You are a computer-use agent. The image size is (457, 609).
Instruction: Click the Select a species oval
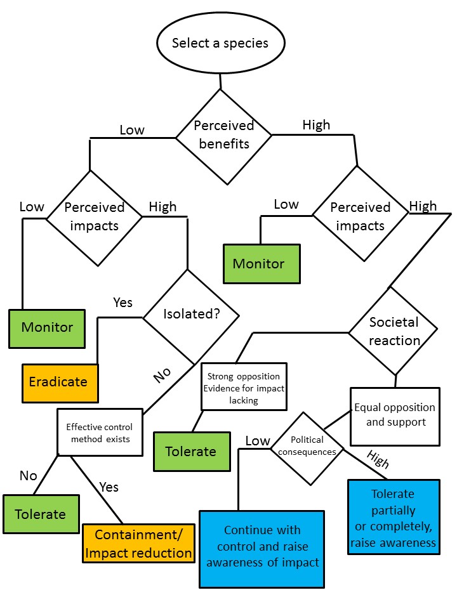[221, 43]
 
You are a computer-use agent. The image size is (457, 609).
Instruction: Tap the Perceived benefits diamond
[224, 136]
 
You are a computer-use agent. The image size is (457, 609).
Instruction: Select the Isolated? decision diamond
[191, 317]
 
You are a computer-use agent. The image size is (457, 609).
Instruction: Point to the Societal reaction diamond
[394, 331]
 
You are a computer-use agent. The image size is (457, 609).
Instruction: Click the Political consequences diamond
[307, 449]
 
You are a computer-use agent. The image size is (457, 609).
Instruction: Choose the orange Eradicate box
[60, 383]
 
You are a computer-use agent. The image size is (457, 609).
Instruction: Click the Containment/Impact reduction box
[138, 544]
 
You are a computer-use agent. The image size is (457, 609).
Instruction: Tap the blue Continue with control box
[262, 549]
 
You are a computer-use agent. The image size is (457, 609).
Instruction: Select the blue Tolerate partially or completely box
[394, 517]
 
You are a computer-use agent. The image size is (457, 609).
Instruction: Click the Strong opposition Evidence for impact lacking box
[244, 387]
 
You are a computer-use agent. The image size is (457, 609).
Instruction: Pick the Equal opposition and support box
[395, 416]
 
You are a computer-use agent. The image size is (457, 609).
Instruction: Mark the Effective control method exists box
[100, 432]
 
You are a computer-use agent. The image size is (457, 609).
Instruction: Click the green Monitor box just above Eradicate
[47, 329]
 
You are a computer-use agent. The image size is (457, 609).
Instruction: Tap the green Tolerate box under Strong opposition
[192, 452]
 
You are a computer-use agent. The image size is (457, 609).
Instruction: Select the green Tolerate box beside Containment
[41, 514]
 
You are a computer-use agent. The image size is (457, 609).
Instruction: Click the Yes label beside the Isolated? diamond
[123, 302]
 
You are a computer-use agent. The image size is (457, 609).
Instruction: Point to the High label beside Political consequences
[378, 459]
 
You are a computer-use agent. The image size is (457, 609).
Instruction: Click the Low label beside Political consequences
[258, 441]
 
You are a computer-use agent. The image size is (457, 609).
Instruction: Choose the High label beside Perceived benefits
[316, 125]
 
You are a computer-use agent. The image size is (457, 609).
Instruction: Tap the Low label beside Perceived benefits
[132, 129]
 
